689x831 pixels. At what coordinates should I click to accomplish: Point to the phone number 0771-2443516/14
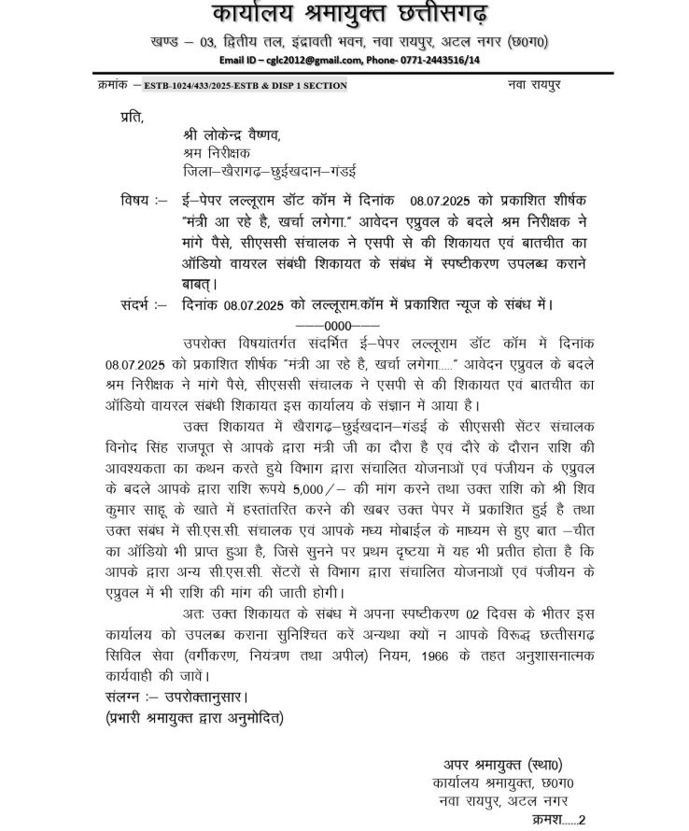pyautogui.click(x=439, y=59)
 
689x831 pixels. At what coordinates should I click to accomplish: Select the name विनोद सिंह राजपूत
pyautogui.click(x=155, y=445)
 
